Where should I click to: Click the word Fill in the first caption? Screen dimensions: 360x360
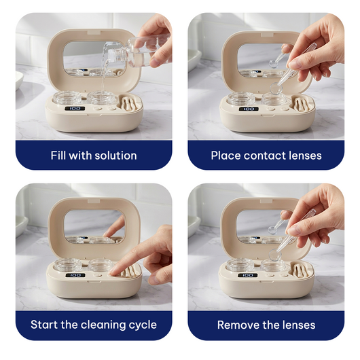[60, 156]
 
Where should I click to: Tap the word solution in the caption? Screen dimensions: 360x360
[115, 156]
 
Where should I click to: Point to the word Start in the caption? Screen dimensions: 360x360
[44, 325]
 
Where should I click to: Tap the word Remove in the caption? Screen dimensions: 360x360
[238, 325]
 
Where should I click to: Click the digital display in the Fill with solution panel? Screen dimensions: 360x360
[75, 109]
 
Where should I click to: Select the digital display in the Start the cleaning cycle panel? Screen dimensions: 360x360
[75, 275]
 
